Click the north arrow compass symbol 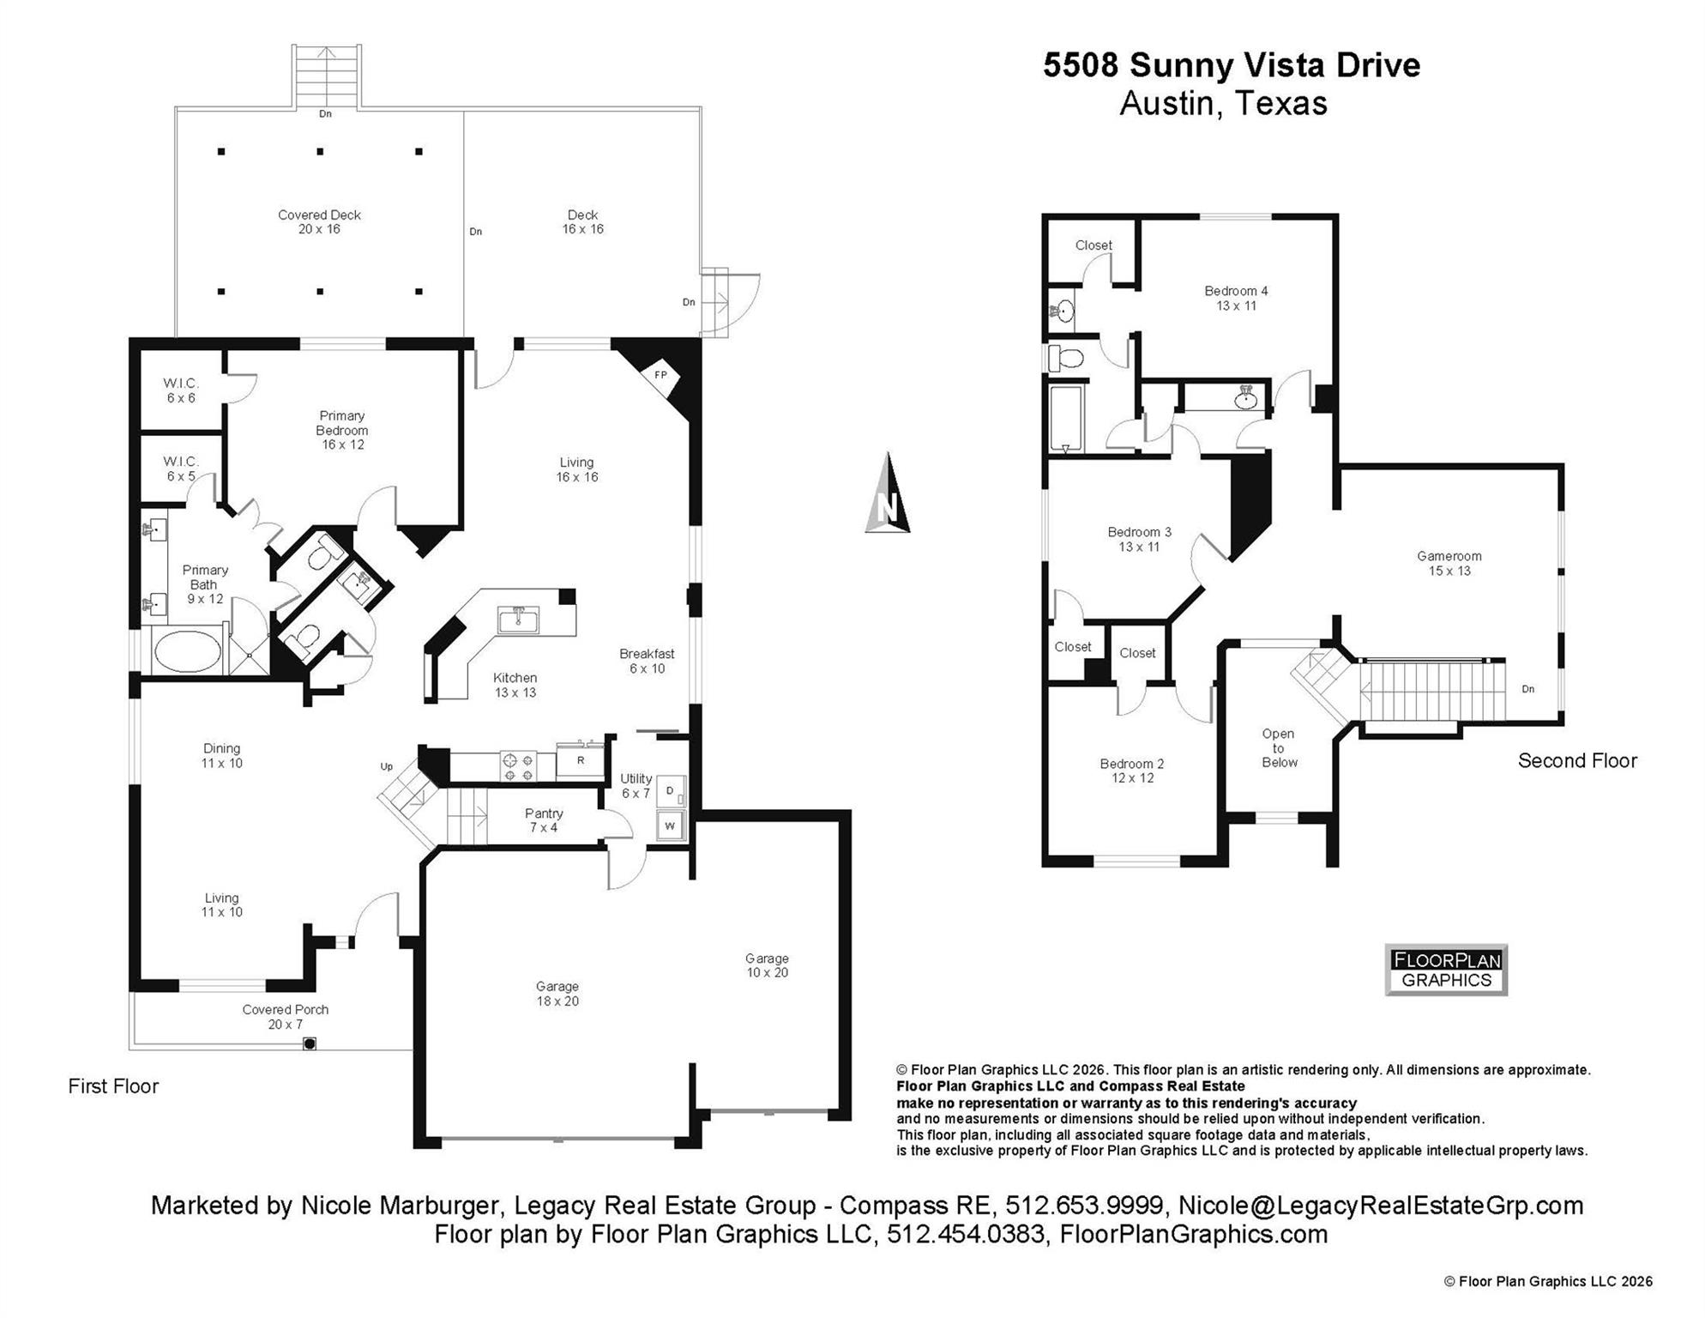[x=888, y=495]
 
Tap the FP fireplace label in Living [x=660, y=375]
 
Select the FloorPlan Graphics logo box [x=1446, y=970]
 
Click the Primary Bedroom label [x=342, y=429]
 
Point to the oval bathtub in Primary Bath [x=187, y=652]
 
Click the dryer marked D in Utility [x=671, y=790]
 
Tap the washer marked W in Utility [x=671, y=826]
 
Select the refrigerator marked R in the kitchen [x=581, y=760]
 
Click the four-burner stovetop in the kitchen [x=517, y=766]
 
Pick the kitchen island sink [x=518, y=619]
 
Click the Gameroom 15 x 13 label [x=1449, y=563]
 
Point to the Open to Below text [x=1279, y=747]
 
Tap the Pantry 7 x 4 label [x=544, y=819]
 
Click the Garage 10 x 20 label [x=766, y=964]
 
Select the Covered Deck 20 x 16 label [x=319, y=221]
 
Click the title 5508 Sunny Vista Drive [x=1231, y=65]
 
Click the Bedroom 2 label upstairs [x=1132, y=770]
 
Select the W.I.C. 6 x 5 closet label [x=181, y=469]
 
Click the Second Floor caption [x=1576, y=760]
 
